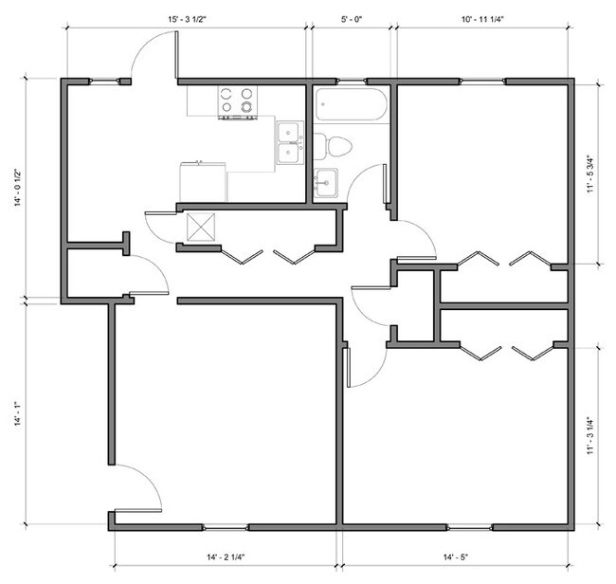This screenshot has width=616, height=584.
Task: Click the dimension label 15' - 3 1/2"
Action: tap(187, 20)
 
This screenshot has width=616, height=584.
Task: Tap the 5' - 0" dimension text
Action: tap(352, 20)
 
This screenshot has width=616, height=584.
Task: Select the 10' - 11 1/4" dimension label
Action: tap(482, 20)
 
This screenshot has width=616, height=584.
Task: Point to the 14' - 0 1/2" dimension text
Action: tap(18, 188)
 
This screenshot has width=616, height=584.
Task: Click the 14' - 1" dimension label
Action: tap(18, 413)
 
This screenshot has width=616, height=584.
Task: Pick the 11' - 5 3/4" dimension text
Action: tap(590, 174)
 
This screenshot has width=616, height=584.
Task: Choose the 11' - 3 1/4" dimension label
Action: tap(590, 436)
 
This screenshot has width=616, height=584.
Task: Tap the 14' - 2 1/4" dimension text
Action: tap(226, 557)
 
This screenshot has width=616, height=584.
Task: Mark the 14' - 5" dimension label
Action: tap(456, 557)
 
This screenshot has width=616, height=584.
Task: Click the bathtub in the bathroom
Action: tap(352, 104)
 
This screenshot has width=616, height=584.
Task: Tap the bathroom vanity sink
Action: tap(326, 182)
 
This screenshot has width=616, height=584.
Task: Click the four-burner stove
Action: tap(238, 102)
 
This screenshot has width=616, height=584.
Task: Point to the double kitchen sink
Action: tap(290, 142)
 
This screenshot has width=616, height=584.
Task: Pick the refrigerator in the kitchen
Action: tap(203, 182)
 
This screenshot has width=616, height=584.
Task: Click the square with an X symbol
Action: tap(201, 228)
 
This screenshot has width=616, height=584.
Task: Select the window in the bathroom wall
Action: tap(352, 82)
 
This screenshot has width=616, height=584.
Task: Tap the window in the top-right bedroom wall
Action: tap(482, 82)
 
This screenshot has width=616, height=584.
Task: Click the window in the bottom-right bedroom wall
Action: tap(470, 527)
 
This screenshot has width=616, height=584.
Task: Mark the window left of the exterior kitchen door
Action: tap(104, 82)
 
